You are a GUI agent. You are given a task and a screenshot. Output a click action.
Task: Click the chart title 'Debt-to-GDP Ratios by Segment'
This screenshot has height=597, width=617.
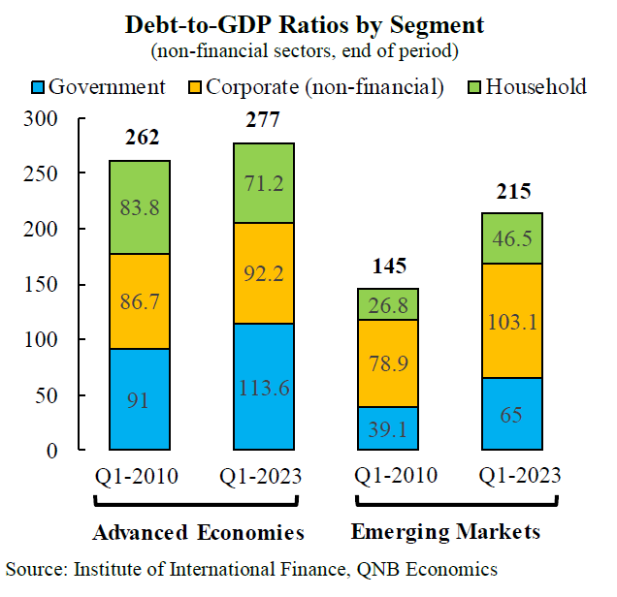[x=308, y=23]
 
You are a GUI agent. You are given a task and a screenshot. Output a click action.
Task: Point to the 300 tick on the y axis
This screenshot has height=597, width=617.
[x=59, y=119]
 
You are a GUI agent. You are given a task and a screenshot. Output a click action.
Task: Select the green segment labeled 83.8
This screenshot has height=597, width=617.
[x=139, y=207]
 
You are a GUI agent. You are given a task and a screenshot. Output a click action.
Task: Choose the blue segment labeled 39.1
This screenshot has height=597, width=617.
[x=388, y=428]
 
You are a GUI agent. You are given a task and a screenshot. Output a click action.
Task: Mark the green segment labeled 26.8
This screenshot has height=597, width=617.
[x=388, y=304]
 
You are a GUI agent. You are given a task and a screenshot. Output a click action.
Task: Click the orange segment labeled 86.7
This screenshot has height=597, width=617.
[x=139, y=301]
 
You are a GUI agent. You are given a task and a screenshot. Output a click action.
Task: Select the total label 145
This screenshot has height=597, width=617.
[x=388, y=267]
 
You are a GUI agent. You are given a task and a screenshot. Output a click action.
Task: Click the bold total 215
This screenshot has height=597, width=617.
[x=512, y=191]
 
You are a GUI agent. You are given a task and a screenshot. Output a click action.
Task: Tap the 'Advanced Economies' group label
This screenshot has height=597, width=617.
[x=199, y=533]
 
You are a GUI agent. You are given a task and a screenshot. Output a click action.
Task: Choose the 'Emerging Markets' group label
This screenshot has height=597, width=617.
[x=445, y=533]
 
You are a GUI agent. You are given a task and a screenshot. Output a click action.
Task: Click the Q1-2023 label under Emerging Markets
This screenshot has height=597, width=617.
[x=512, y=477]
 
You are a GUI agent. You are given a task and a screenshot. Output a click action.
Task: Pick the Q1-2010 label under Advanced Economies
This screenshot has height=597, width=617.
[x=139, y=477]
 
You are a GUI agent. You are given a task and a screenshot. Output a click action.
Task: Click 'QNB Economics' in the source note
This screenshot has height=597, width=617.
[x=439, y=569]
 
